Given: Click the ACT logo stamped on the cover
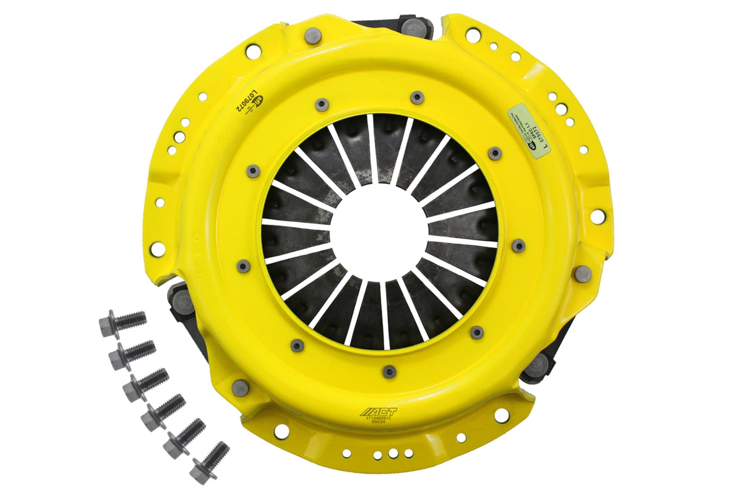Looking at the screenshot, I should click(x=379, y=412).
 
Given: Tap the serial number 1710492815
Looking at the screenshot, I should click(x=379, y=421).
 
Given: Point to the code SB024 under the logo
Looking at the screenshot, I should click(x=379, y=426).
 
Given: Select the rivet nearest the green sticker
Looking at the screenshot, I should click(x=495, y=153).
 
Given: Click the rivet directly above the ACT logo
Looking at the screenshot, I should click(x=388, y=371).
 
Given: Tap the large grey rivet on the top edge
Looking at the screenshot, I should click(x=313, y=35).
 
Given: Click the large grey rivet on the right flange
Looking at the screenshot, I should click(x=583, y=273).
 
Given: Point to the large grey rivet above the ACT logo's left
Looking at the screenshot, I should click(x=240, y=388).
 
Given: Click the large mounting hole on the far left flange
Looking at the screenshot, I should click(x=158, y=249).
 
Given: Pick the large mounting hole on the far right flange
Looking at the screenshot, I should click(x=598, y=216).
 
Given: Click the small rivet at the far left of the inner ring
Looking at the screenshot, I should click(x=244, y=266).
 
